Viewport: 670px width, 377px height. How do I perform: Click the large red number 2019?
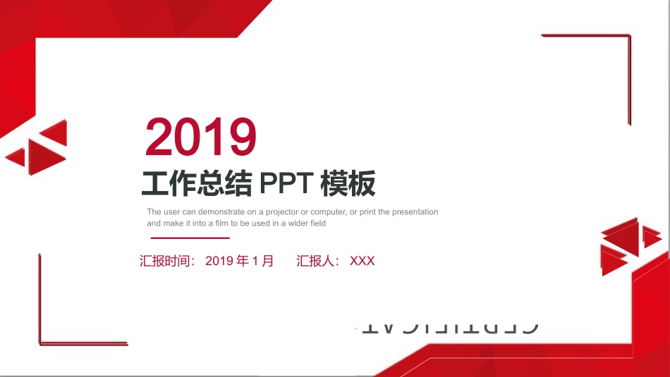click(201, 137)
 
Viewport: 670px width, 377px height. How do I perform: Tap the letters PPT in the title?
click(286, 183)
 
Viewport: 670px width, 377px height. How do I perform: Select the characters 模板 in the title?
click(348, 183)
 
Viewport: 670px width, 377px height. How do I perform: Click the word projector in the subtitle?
click(283, 212)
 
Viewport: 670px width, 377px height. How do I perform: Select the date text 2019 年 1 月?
click(239, 261)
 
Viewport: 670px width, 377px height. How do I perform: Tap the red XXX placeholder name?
click(362, 261)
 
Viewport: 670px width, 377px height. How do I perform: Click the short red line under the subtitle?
click(180, 238)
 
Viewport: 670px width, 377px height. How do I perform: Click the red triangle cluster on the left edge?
click(39, 147)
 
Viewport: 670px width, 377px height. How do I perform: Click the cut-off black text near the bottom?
click(451, 328)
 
